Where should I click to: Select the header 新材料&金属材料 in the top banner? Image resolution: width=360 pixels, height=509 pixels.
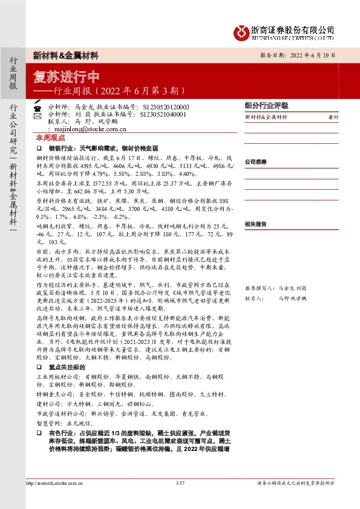[66, 55]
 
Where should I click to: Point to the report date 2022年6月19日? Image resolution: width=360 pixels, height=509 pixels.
[314, 54]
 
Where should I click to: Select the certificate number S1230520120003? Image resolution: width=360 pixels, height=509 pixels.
[167, 105]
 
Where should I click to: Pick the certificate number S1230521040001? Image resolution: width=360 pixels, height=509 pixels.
[163, 113]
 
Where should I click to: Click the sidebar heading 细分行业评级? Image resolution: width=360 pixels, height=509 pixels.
[266, 105]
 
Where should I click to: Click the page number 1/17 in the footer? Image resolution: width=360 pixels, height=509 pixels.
[180, 483]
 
